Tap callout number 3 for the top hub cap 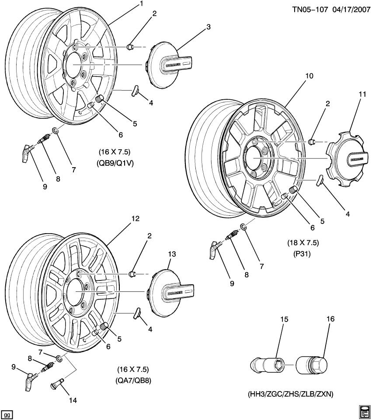(209, 27)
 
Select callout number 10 (309, 76)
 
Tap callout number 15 (285, 319)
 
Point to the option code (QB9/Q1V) (115, 163)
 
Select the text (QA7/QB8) (134, 380)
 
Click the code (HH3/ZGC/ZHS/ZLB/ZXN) (290, 394)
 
